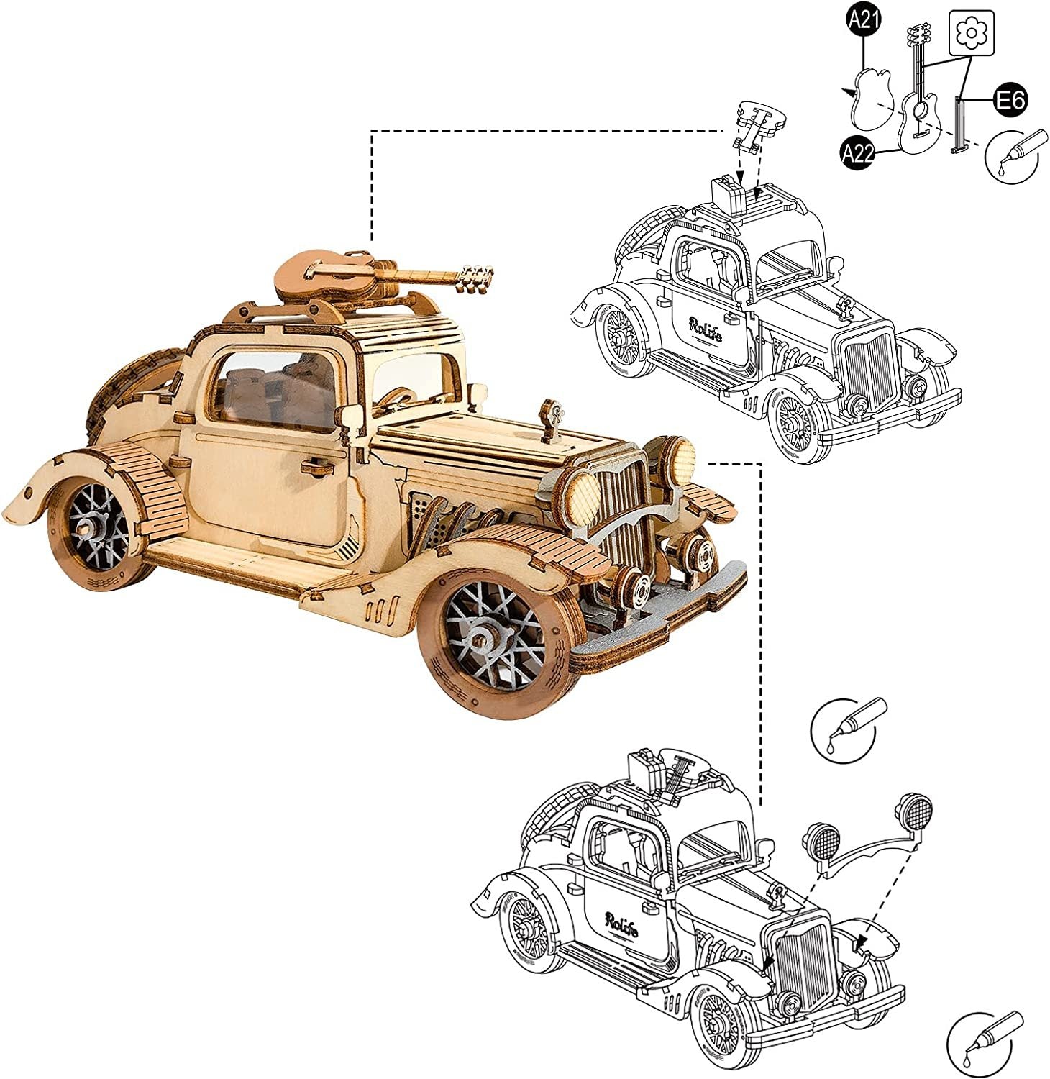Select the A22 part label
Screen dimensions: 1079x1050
pyautogui.click(x=858, y=152)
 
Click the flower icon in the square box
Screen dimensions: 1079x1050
pyautogui.click(x=972, y=33)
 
